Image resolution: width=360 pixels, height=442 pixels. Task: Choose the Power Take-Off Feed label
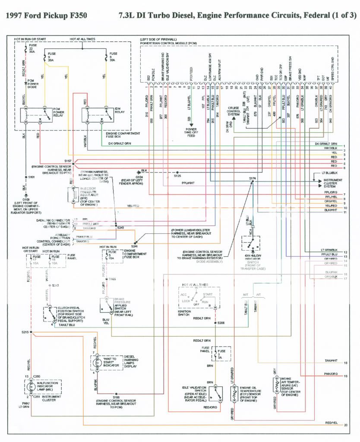(191, 132)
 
